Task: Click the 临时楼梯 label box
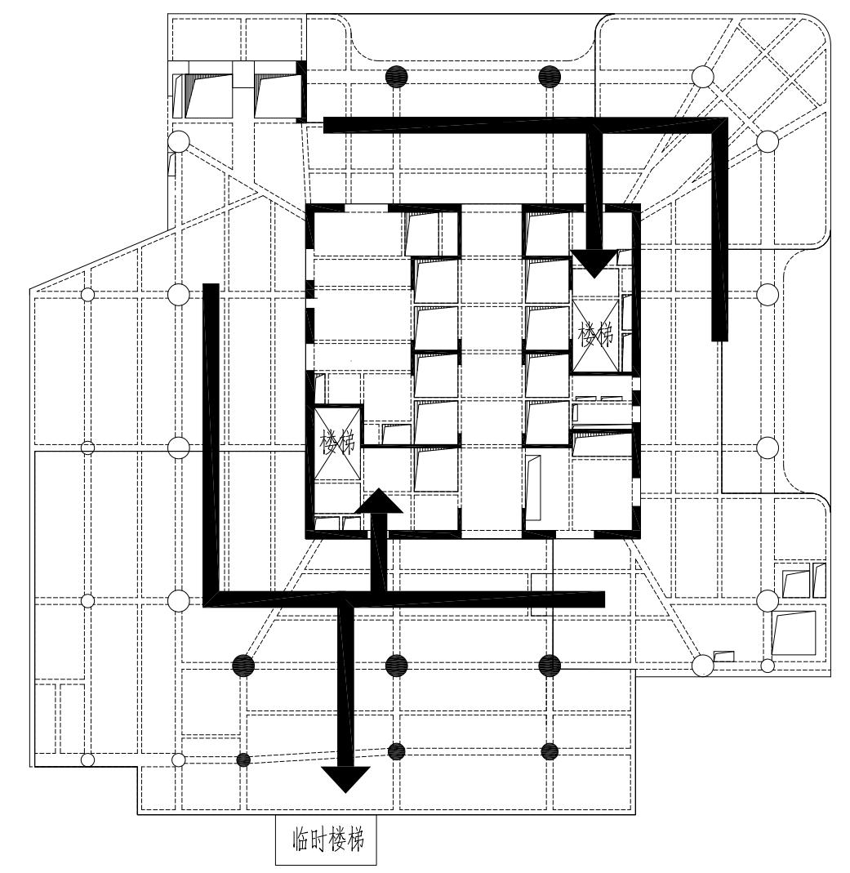325,840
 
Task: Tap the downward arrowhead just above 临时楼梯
346,779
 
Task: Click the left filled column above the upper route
396,76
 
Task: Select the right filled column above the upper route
550,76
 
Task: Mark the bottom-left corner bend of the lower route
211,599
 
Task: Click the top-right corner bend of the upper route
719,125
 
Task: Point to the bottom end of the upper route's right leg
719,335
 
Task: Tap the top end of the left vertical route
211,288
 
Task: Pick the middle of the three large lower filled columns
396,666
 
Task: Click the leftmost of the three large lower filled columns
243,666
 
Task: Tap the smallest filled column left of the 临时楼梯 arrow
243,760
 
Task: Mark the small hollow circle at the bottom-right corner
767,666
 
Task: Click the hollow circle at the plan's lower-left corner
88,760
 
